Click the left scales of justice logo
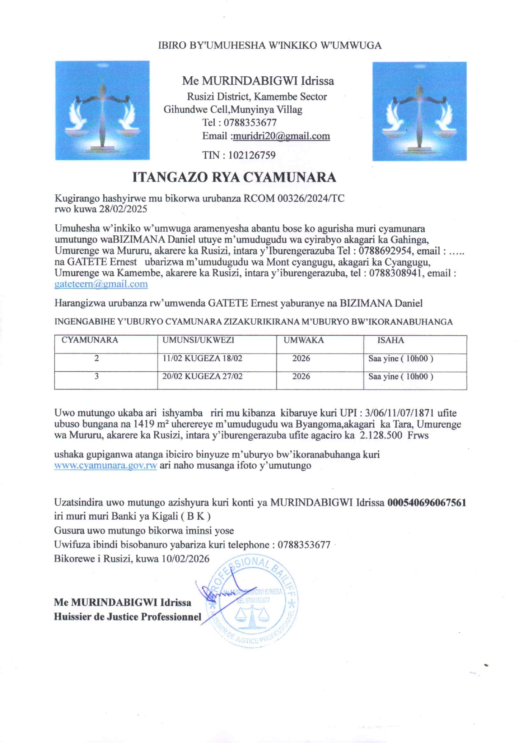coord(102,110)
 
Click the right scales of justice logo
coord(419,111)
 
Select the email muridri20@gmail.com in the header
coord(281,136)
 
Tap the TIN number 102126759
coord(251,155)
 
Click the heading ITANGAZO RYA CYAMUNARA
coord(234,177)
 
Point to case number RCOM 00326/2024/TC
coord(294,198)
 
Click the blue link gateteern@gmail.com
coord(101,284)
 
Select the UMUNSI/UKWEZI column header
coord(198,340)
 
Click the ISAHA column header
coord(390,340)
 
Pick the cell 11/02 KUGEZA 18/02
coord(202,359)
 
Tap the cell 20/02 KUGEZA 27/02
coord(202,376)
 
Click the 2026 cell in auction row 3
coord(301,376)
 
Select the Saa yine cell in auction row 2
coord(401,359)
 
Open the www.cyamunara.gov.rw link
coord(105,465)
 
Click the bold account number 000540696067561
coord(427,503)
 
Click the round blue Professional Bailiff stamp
coord(252,601)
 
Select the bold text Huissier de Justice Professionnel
coord(127,617)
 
